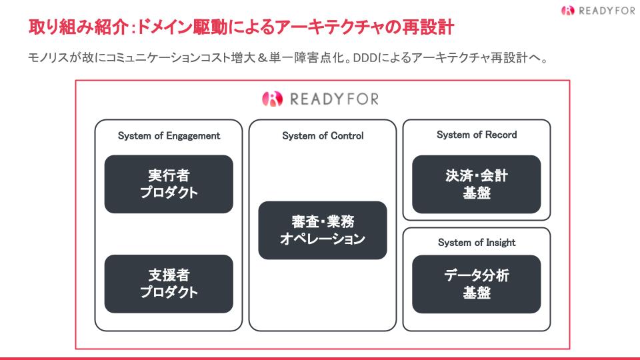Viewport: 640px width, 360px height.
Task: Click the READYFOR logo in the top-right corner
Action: [598, 10]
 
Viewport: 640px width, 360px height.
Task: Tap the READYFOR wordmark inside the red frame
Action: [334, 99]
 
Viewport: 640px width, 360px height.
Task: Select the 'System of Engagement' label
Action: [169, 136]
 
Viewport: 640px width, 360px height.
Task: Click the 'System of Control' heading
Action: [323, 136]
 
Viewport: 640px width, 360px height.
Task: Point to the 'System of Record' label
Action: [477, 135]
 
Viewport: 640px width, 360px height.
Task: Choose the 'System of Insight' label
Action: [477, 243]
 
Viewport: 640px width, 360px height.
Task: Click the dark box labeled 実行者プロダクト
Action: [169, 184]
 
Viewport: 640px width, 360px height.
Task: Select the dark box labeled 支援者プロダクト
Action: [169, 284]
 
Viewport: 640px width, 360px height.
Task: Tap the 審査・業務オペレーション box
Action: [323, 230]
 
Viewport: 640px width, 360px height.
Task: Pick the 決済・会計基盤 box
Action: [476, 184]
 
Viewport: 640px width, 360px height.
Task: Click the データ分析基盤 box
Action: [476, 284]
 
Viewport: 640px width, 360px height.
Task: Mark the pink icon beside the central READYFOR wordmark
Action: [272, 99]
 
